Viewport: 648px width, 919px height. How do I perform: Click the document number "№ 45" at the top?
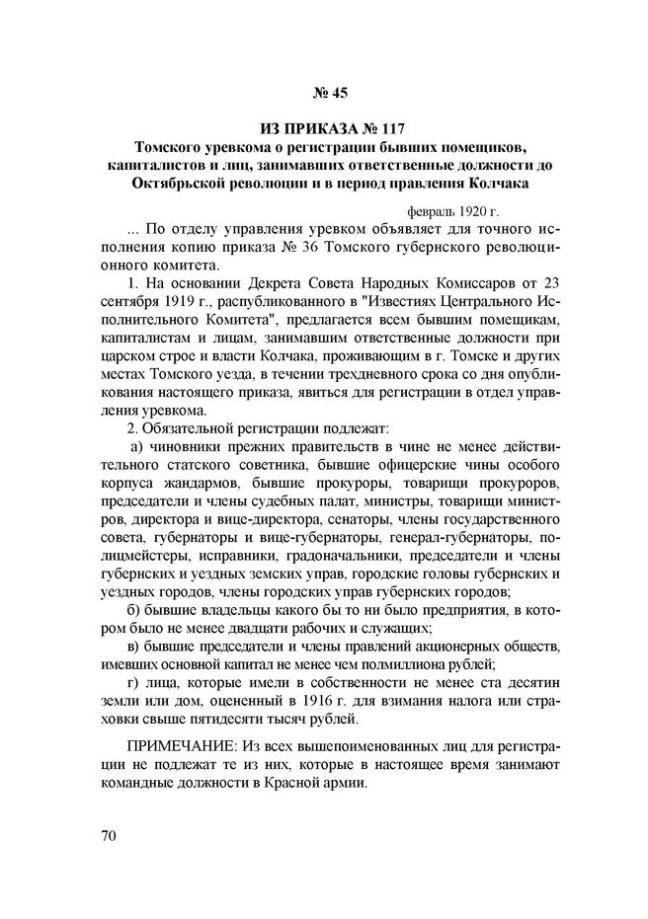(324, 96)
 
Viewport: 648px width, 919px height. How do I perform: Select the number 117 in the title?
(388, 129)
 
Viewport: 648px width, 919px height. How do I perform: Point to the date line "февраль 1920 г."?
(454, 211)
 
